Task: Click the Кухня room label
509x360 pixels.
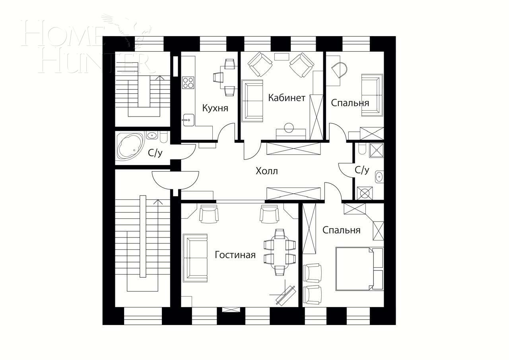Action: (x=215, y=108)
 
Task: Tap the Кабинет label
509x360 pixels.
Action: (x=286, y=98)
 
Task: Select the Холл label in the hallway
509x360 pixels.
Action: (x=266, y=171)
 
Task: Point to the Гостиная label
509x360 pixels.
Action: (x=235, y=255)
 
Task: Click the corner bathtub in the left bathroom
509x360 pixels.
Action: (x=130, y=145)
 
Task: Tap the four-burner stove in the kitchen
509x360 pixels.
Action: (x=188, y=82)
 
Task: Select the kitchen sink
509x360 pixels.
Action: (x=188, y=119)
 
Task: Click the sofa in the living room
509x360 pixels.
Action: (x=195, y=258)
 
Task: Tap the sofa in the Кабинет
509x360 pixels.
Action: (x=253, y=101)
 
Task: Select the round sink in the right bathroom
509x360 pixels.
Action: (x=379, y=176)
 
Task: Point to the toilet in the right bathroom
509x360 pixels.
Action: (x=362, y=149)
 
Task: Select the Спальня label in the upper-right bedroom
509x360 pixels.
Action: (x=350, y=103)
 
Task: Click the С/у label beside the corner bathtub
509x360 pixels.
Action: (x=155, y=153)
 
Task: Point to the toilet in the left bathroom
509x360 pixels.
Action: (x=163, y=137)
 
